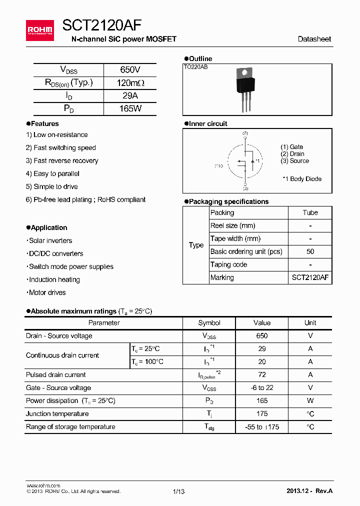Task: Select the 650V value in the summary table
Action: click(x=130, y=70)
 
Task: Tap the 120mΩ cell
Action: click(x=130, y=83)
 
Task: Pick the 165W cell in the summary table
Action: click(x=130, y=108)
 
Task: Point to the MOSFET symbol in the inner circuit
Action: click(x=245, y=161)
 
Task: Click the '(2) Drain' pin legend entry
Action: click(x=292, y=154)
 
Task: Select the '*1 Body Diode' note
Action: click(x=302, y=179)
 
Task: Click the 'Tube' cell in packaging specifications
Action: click(x=310, y=212)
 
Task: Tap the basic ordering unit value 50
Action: click(x=310, y=251)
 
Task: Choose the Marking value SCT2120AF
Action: click(x=310, y=277)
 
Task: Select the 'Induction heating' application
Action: click(x=54, y=279)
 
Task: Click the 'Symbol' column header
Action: click(x=209, y=323)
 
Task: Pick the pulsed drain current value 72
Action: click(x=262, y=375)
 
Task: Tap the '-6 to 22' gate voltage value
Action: click(x=262, y=388)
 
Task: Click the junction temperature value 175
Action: click(x=262, y=414)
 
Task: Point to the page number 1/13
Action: click(x=178, y=491)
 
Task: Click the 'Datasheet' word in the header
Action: click(x=314, y=39)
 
